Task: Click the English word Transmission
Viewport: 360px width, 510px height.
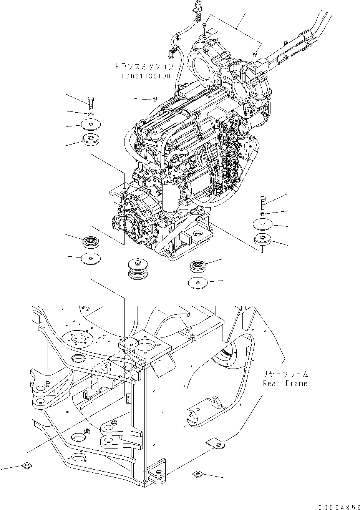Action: click(144, 76)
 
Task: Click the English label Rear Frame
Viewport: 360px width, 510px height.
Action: click(285, 383)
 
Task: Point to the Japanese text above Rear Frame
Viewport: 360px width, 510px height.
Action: click(285, 374)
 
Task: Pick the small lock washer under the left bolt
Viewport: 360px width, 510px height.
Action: click(90, 114)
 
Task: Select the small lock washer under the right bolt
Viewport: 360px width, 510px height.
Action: click(262, 214)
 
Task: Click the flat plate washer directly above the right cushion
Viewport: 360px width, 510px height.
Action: click(262, 224)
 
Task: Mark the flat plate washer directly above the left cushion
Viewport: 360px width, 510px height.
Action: click(90, 125)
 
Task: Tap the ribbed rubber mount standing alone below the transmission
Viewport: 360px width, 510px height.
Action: click(138, 269)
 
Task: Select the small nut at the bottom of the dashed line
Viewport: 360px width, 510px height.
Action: click(197, 475)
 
